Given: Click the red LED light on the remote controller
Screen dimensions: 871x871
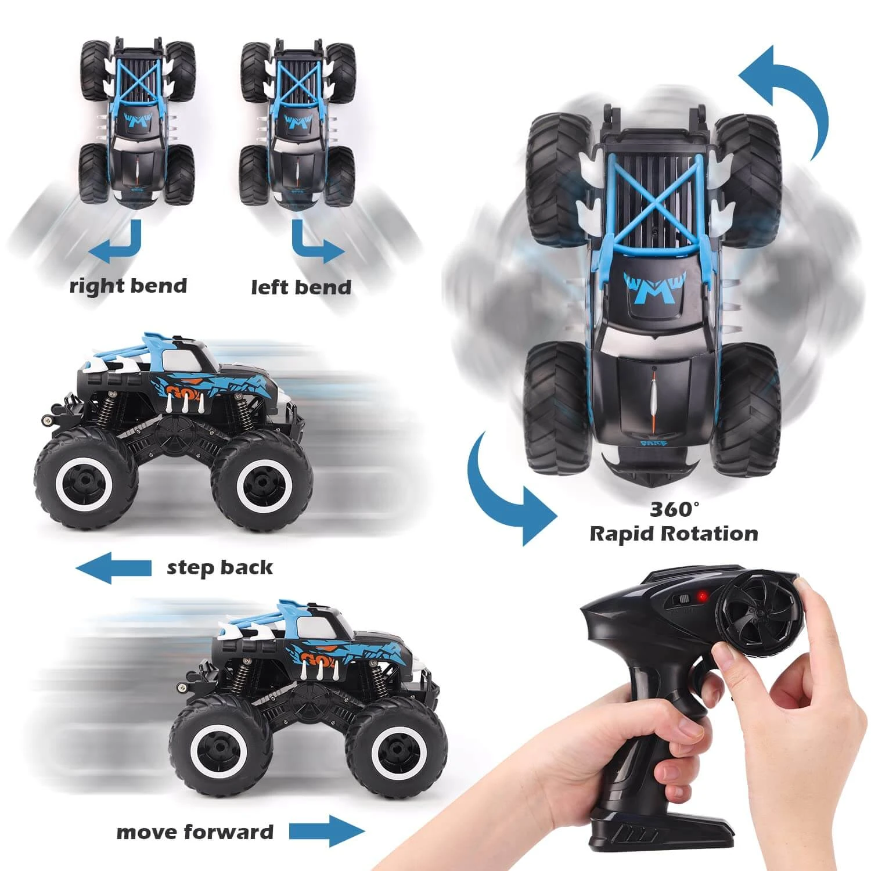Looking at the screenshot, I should (x=703, y=596).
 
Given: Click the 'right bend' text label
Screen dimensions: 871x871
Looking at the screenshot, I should (x=128, y=286).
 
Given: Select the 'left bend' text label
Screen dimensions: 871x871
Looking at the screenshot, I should (x=301, y=287).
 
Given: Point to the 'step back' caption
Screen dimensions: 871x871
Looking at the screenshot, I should (x=219, y=567).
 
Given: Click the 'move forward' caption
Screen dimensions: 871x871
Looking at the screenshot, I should (x=195, y=832).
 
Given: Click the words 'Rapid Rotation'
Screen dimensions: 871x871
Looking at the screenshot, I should (x=674, y=534).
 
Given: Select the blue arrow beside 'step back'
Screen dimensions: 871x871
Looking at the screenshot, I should (x=114, y=567).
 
